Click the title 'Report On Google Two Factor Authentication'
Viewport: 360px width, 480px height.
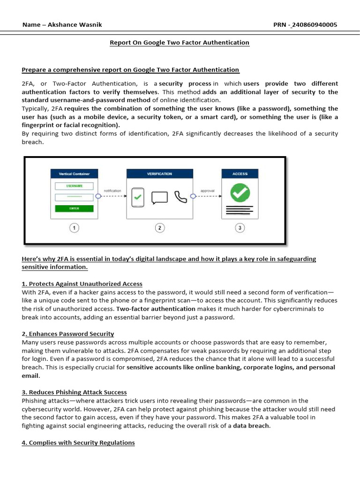tap(180, 43)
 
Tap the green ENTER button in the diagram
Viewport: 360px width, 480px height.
tap(74, 208)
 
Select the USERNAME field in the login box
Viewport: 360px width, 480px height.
tap(74, 185)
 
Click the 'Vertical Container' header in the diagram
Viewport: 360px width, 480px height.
tap(74, 173)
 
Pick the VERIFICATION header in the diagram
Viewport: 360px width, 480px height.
tap(159, 173)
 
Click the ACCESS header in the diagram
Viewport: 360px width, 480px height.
tap(240, 173)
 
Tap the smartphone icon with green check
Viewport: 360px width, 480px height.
tap(137, 197)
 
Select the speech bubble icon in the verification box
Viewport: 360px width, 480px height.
tap(159, 197)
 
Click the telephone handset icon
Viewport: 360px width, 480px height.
tap(180, 196)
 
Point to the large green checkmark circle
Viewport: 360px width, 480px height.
tap(240, 192)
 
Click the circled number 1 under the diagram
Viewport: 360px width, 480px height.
tap(74, 228)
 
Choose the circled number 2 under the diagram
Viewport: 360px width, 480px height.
tap(159, 228)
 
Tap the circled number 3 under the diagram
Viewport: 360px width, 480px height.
tap(240, 228)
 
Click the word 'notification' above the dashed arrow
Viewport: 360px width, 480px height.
tap(112, 191)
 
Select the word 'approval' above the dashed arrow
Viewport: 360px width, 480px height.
tap(207, 191)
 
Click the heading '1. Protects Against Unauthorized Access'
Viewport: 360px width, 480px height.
tap(82, 284)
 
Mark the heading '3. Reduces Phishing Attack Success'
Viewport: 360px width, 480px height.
tap(74, 392)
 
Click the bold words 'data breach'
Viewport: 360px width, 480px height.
tap(251, 426)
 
